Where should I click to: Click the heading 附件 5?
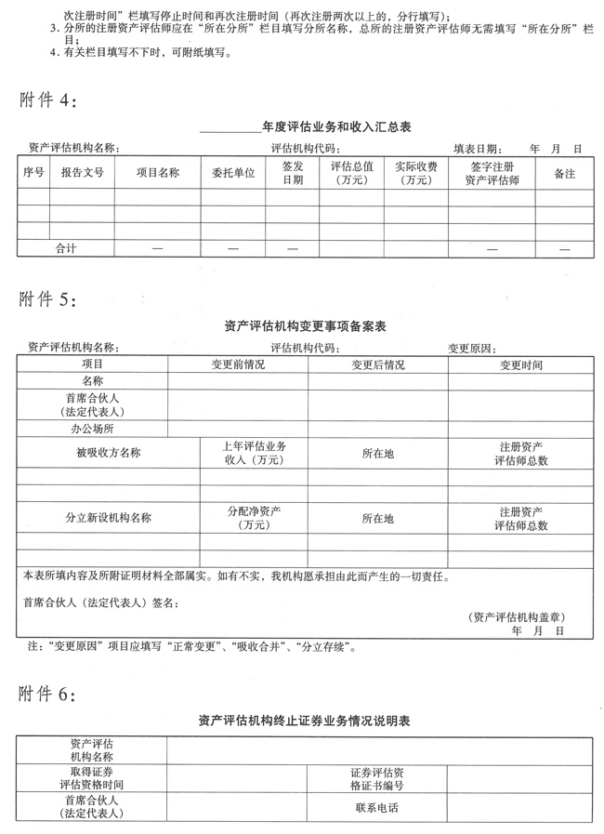click(54, 301)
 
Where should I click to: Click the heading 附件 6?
click(54, 694)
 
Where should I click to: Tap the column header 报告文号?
click(82, 173)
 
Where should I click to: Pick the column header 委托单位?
click(232, 173)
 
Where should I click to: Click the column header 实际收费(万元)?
click(415, 173)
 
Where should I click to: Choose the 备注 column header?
click(564, 173)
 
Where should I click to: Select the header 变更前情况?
click(238, 364)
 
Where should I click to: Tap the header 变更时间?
click(520, 364)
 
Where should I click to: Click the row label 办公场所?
click(92, 429)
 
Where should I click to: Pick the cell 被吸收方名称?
click(108, 453)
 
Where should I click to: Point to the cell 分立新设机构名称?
click(108, 518)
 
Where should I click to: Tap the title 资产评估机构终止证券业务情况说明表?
click(305, 721)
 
